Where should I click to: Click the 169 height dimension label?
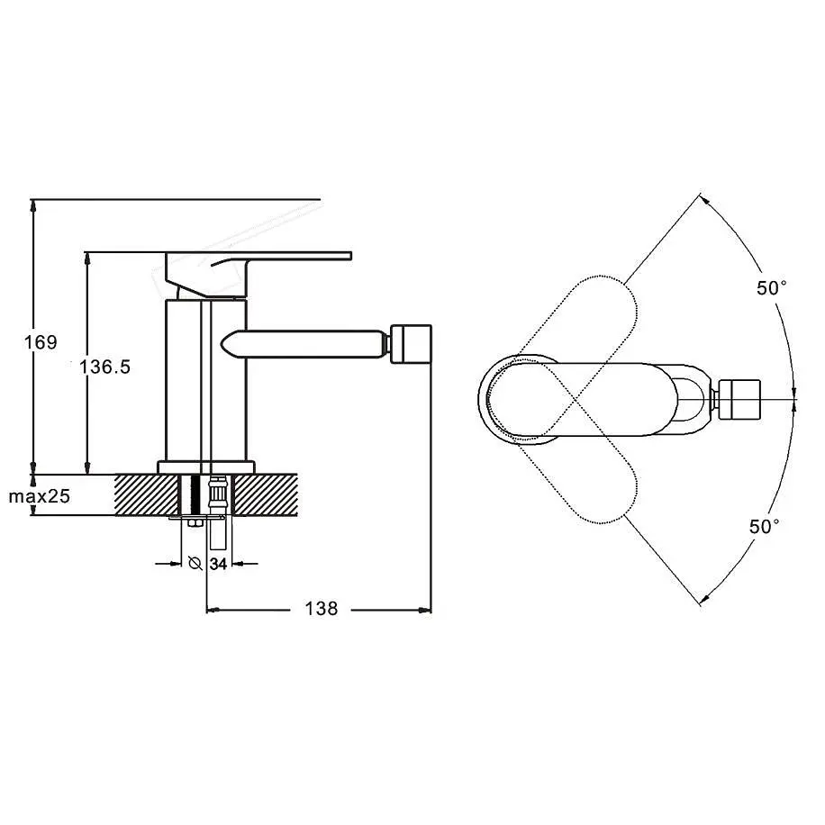(41, 342)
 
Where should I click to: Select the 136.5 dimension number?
(104, 367)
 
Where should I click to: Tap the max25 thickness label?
(39, 496)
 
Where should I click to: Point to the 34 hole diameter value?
(218, 564)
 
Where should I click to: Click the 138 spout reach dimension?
(321, 609)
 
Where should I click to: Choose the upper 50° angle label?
(771, 288)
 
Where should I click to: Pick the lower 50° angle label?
(764, 526)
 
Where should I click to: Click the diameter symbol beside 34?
(195, 564)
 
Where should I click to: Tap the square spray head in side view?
(412, 343)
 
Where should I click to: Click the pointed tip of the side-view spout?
(222, 343)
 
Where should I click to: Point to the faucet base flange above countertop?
(205, 467)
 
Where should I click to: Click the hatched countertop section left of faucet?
(147, 494)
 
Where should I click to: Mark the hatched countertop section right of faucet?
(265, 494)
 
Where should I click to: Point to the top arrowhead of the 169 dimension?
(33, 206)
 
